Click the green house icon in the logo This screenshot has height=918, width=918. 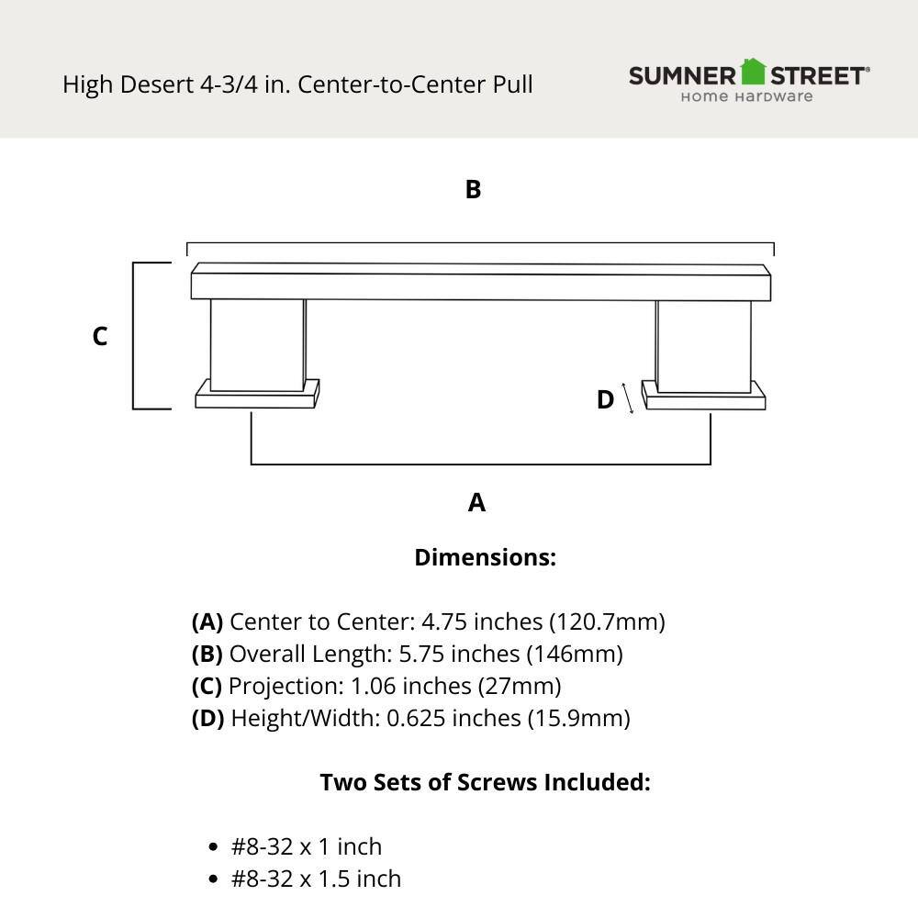753,72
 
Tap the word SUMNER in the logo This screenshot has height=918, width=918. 683,75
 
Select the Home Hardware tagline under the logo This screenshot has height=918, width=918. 746,96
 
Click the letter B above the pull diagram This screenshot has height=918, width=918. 473,189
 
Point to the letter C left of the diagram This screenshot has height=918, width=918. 100,337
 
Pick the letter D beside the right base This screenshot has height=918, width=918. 605,400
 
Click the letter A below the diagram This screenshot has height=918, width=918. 476,502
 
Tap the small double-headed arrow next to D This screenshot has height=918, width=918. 628,397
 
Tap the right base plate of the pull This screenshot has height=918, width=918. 704,397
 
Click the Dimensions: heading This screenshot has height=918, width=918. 485,557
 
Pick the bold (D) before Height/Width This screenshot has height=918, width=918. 207,718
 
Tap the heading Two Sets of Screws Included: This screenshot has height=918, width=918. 485,782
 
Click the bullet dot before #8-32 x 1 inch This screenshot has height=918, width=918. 214,847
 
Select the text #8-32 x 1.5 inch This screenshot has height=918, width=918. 316,879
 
